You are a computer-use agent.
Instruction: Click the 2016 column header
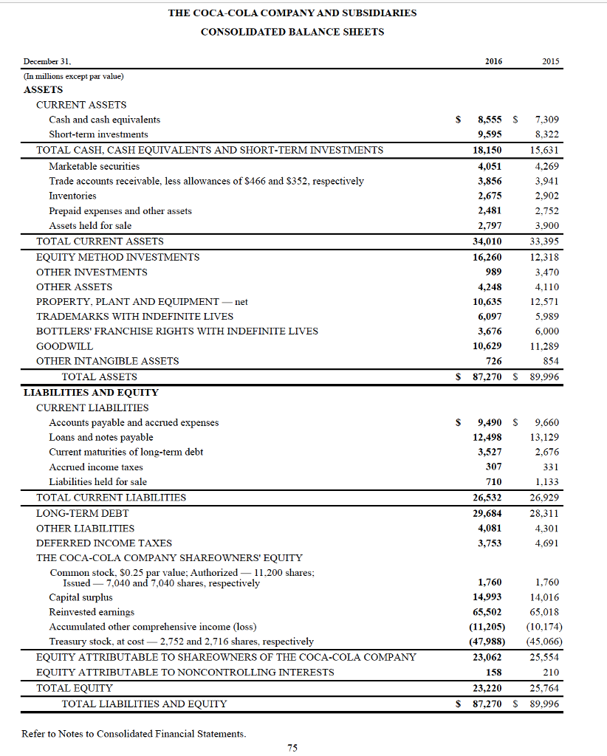point(493,62)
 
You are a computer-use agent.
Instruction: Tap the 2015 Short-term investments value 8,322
point(546,134)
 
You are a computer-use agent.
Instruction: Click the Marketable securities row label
point(94,166)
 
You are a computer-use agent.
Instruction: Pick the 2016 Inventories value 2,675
point(490,196)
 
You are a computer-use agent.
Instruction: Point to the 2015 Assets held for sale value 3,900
point(546,226)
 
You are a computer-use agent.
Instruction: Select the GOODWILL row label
point(65,346)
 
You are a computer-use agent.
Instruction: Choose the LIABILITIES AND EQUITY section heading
point(91,392)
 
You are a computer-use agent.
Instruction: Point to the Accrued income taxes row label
point(96,467)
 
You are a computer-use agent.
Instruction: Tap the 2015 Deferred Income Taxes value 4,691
point(546,543)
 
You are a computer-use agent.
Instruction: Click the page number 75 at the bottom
point(292,748)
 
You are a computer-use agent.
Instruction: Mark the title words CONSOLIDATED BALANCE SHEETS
point(292,32)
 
